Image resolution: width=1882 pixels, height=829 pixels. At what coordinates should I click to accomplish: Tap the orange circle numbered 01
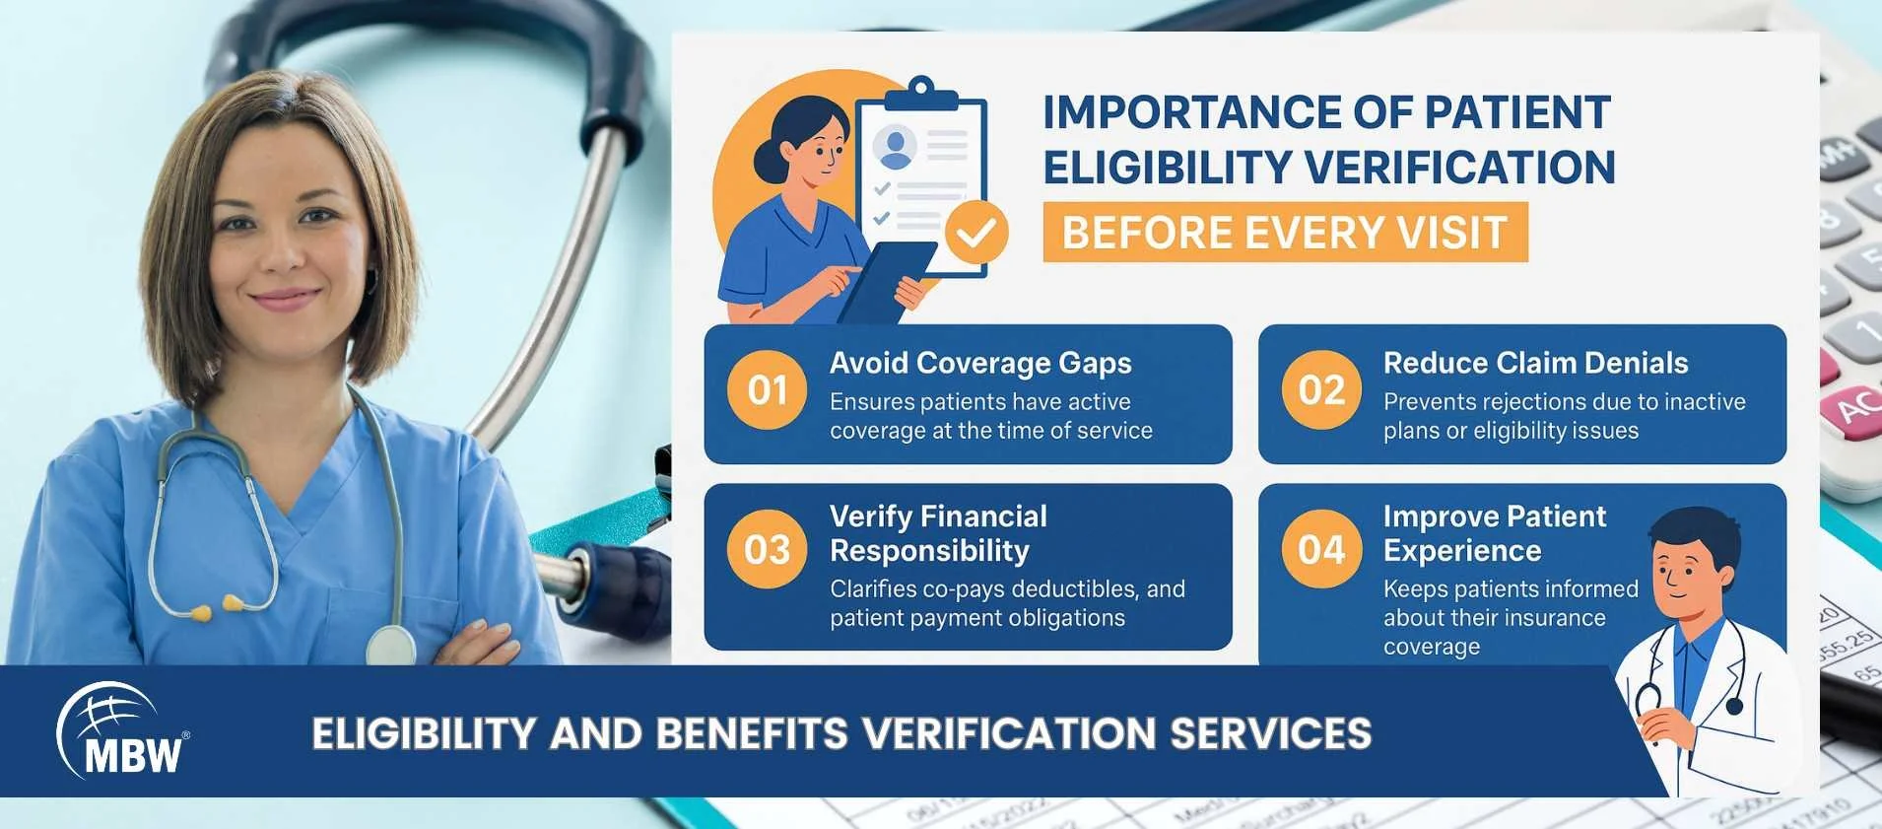point(768,390)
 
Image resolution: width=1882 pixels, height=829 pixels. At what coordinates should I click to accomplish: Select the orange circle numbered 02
point(1321,390)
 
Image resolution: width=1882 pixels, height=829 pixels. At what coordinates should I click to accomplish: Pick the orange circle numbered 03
point(768,549)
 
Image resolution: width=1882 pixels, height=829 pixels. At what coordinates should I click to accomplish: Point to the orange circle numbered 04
point(1321,549)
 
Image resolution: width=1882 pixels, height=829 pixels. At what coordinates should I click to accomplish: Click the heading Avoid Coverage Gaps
point(980,363)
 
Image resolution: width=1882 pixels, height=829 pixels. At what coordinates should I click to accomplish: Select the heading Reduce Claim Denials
point(1535,363)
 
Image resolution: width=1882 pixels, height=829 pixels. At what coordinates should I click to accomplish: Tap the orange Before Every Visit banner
point(1285,233)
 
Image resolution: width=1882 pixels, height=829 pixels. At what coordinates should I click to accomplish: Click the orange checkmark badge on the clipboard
point(976,233)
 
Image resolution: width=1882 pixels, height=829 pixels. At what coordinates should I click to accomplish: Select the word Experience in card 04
point(1462,550)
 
